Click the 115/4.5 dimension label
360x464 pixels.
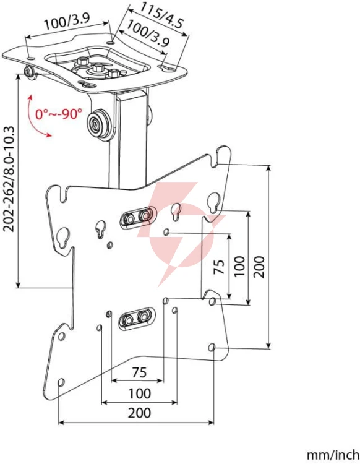pos(162,15)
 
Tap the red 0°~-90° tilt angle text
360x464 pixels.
pos(58,114)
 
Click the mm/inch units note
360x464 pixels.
pos(333,454)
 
